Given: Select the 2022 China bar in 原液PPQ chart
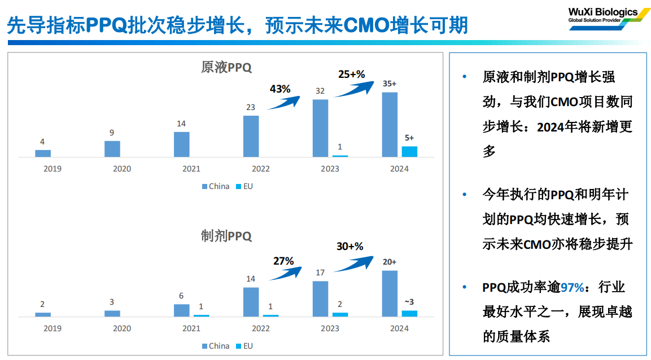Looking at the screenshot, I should coord(251,136).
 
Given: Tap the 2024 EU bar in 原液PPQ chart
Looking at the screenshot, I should coord(409,151).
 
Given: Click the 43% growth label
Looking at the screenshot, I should coord(280,89).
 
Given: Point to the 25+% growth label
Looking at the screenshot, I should coord(352,74).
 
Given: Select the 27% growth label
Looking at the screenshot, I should coord(283,261).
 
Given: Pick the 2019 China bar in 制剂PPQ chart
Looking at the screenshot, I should coord(43,314).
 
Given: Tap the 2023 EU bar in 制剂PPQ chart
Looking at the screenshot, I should coord(340,314).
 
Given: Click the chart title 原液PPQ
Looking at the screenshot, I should coord(226,67).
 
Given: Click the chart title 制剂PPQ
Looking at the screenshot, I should coord(226,236).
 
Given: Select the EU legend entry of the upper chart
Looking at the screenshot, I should coord(244,186).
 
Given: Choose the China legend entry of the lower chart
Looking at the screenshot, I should coord(216,346).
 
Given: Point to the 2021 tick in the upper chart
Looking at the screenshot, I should coord(191,169).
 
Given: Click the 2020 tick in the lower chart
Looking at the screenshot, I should coord(122,328).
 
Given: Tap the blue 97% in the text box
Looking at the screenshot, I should coord(572,287).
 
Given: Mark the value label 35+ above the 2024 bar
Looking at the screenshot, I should coord(390,84).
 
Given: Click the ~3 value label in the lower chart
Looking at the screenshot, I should coord(409,302).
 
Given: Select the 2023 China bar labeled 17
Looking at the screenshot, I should coord(321,298).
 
